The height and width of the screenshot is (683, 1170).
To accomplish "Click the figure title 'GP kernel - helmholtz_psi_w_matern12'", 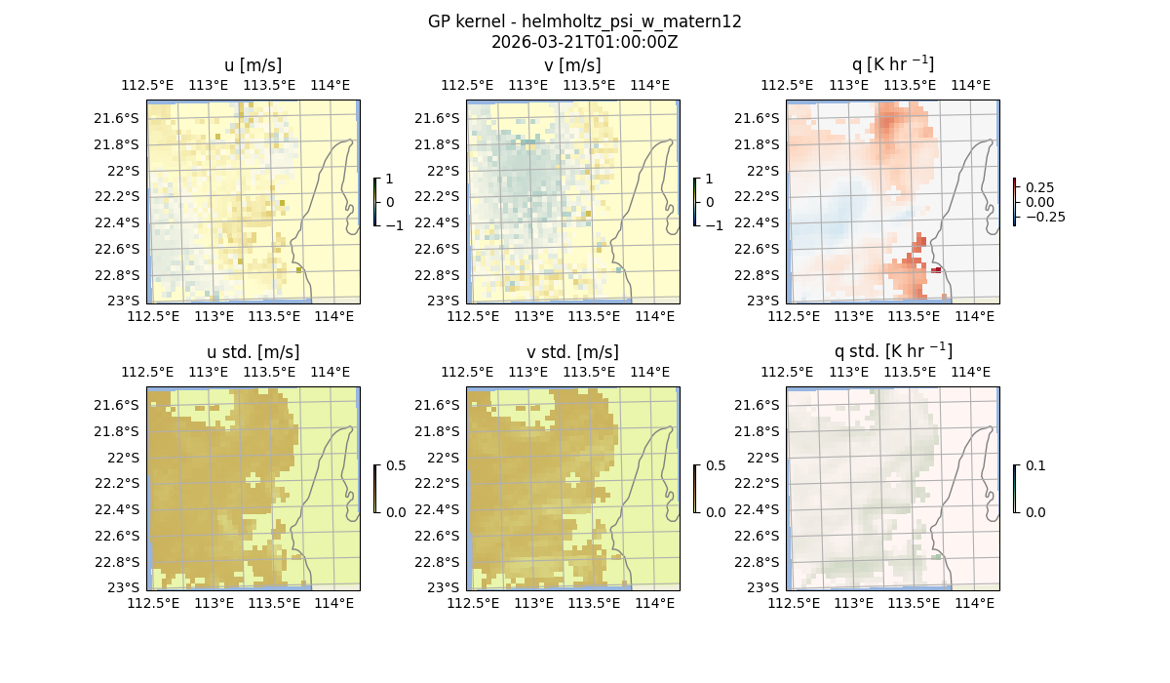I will [x=585, y=21].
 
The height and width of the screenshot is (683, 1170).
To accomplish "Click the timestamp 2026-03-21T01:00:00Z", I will [x=585, y=42].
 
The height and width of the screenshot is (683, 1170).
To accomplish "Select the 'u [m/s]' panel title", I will [x=253, y=65].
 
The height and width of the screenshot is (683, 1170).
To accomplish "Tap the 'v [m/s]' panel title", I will [x=572, y=65].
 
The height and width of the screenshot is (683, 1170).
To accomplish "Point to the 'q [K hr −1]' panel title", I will [x=892, y=64].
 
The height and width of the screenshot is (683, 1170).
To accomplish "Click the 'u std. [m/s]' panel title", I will [x=253, y=352].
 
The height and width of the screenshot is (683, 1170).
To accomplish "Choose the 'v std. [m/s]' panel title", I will [x=572, y=352].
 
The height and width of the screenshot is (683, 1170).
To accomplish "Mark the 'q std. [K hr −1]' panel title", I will [x=892, y=351].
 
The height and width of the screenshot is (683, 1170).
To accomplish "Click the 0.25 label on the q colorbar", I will [x=1039, y=187].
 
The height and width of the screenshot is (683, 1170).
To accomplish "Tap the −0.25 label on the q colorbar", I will [x=1044, y=217].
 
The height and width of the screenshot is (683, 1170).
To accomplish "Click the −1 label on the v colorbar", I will [x=714, y=225].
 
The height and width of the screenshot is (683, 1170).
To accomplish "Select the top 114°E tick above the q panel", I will [x=971, y=85].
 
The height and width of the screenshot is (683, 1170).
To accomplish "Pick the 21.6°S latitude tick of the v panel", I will [x=441, y=118].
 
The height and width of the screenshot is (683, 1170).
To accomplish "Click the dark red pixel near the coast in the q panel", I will [x=936, y=270].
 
